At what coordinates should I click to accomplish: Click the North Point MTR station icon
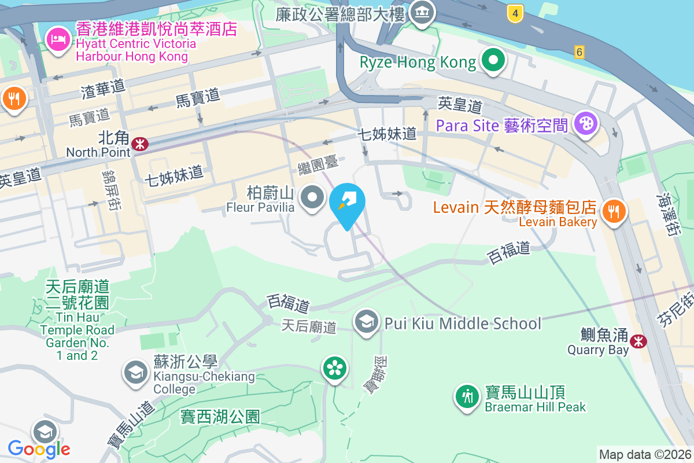point(139,144)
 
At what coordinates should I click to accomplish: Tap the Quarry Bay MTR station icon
point(638,341)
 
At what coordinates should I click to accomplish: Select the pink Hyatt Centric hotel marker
point(58,41)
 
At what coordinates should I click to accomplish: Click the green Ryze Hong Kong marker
point(493,61)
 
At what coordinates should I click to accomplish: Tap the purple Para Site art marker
point(586,123)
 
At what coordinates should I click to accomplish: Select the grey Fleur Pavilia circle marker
point(313,197)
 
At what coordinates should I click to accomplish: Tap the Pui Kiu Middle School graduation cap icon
point(366,322)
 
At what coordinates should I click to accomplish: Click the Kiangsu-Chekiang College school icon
point(136,373)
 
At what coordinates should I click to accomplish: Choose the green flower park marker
point(335,368)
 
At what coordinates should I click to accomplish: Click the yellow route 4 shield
point(515,13)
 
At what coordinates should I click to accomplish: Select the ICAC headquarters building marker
point(422,12)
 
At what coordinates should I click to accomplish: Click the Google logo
point(39,449)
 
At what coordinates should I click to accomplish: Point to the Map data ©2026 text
point(644,455)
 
